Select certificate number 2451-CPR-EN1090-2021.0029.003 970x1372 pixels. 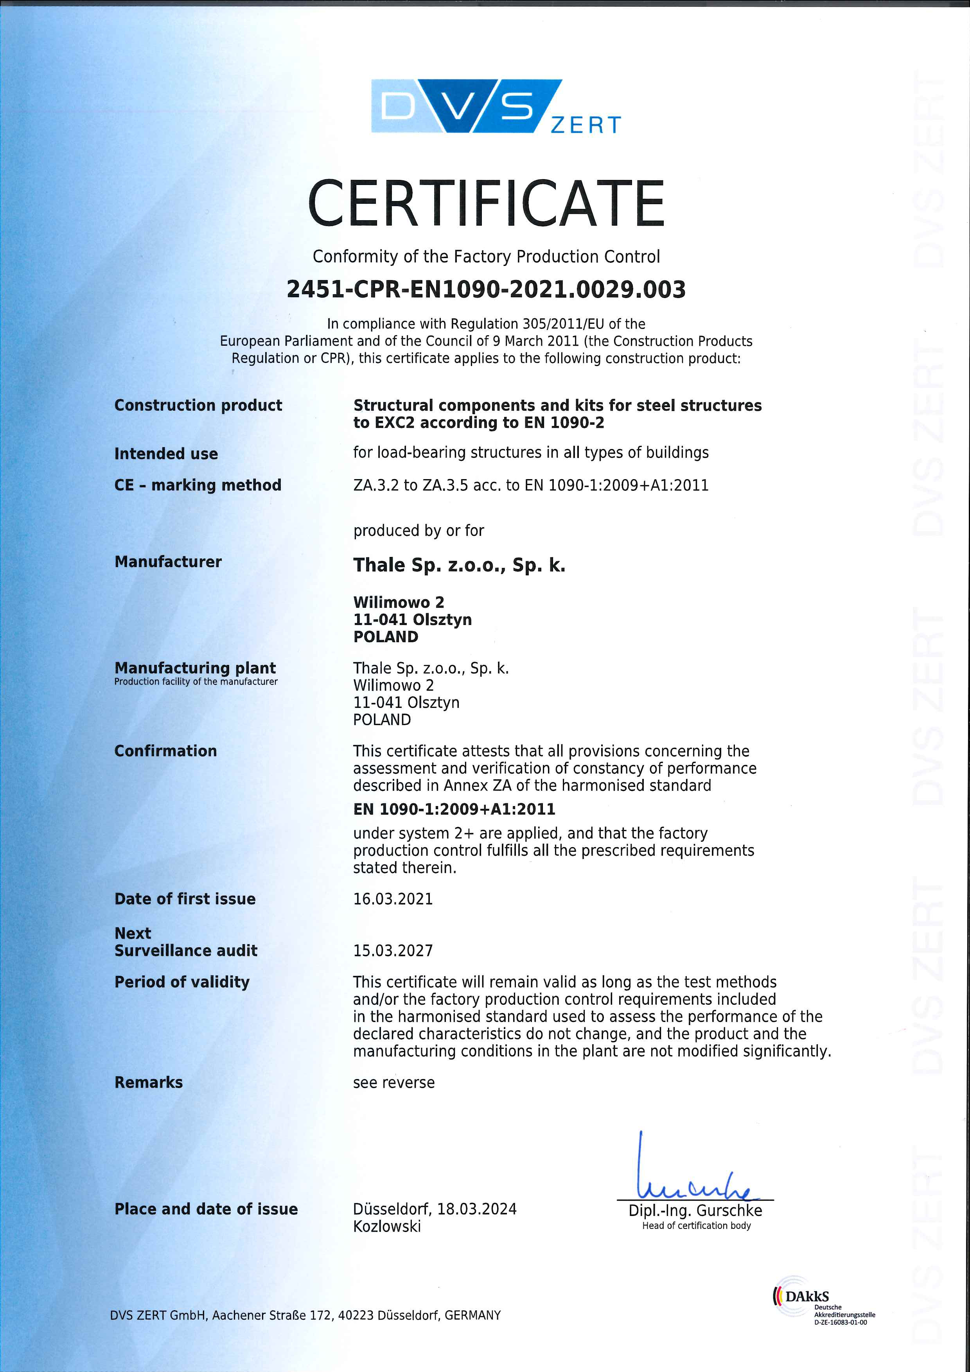click(x=485, y=290)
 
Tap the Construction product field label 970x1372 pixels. click(x=198, y=405)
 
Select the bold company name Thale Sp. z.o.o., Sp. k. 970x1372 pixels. click(x=459, y=565)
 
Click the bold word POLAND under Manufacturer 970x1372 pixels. click(x=386, y=637)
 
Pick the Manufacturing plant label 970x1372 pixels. click(x=195, y=668)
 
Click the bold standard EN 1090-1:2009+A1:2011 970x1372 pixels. click(x=454, y=809)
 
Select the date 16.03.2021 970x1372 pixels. click(x=393, y=899)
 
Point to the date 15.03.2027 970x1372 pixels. click(x=393, y=951)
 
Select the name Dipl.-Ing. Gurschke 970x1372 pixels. click(x=695, y=1210)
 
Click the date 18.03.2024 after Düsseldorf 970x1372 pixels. click(x=476, y=1209)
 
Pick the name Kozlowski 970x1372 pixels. click(x=387, y=1226)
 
